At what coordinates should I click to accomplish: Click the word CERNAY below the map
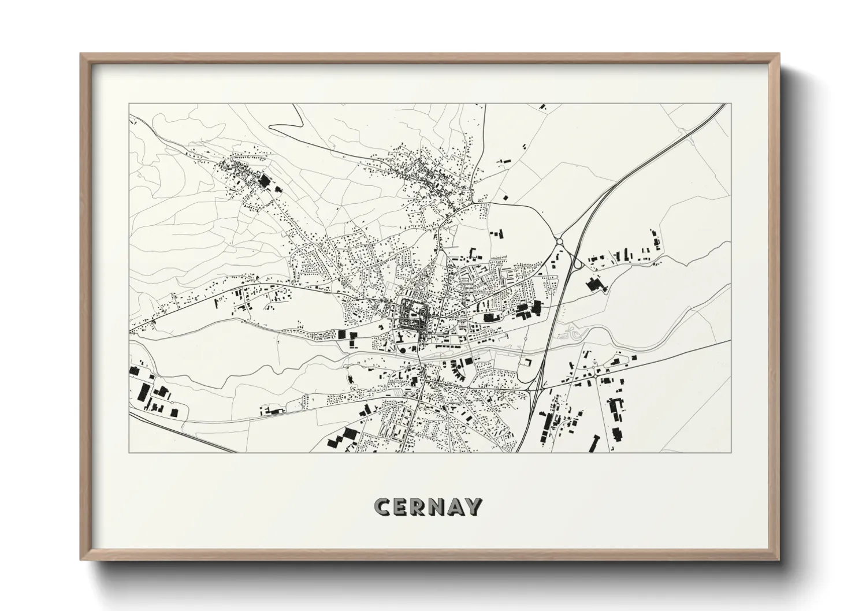coord(427,506)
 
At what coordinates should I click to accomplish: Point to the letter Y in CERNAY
coord(473,506)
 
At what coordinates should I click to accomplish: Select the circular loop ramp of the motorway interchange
coord(577,264)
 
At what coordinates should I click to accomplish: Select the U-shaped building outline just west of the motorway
coord(526,362)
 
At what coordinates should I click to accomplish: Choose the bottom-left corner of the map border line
coord(129,452)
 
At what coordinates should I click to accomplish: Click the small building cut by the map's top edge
coord(542,106)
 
